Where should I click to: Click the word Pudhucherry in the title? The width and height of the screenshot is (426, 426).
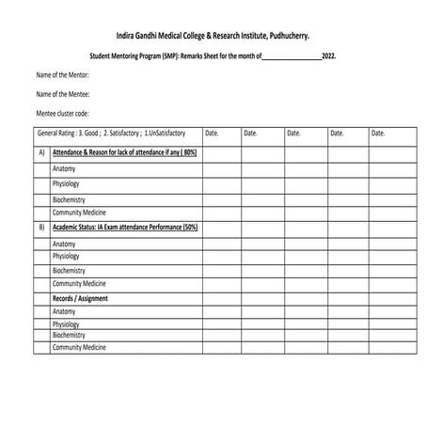(x=284, y=35)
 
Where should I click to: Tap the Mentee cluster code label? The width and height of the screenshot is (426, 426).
(x=63, y=114)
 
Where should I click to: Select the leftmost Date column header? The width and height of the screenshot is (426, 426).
(x=212, y=134)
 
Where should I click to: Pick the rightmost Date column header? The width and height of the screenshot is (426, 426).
(x=378, y=134)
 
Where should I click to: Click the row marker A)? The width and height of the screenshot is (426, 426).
(x=41, y=151)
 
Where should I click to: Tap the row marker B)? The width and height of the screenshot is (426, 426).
(x=41, y=227)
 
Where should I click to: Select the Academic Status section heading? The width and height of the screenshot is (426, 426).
(x=124, y=227)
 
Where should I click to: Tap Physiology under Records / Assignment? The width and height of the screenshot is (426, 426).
(x=66, y=324)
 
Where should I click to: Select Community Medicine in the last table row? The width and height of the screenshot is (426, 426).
(x=79, y=347)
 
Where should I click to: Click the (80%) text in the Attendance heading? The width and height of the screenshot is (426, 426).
(x=188, y=151)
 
